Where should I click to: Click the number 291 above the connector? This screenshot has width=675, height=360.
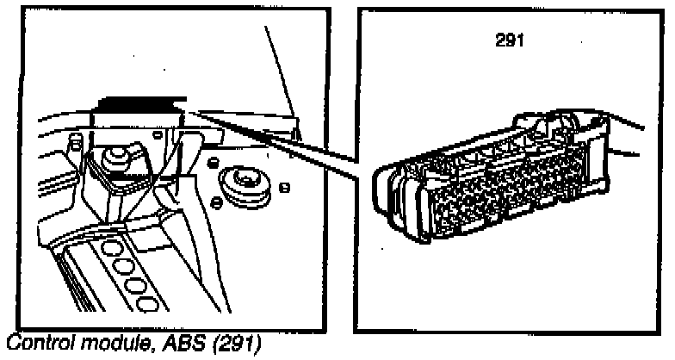click(508, 40)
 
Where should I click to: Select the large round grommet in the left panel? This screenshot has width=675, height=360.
click(244, 184)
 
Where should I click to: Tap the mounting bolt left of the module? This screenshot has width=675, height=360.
click(111, 160)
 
